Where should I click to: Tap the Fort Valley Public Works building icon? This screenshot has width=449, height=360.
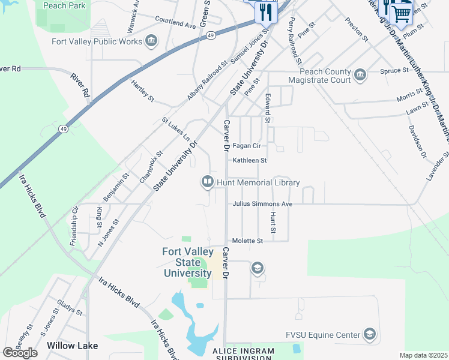151,41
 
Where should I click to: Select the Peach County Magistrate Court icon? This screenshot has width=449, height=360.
360,74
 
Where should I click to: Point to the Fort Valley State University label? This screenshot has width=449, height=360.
187,262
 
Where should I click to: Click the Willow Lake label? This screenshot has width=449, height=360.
73,346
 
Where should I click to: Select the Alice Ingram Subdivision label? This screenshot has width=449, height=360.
243,354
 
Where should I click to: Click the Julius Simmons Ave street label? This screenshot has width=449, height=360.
262,204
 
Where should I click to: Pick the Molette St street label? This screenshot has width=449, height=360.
248,241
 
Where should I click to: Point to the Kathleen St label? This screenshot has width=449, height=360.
249,160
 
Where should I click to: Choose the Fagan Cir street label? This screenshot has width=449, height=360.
247,146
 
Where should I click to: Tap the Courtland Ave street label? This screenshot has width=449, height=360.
175,23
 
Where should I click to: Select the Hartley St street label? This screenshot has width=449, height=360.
143,90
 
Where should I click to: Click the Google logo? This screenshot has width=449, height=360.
20,353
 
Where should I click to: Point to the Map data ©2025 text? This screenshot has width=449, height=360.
423,355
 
